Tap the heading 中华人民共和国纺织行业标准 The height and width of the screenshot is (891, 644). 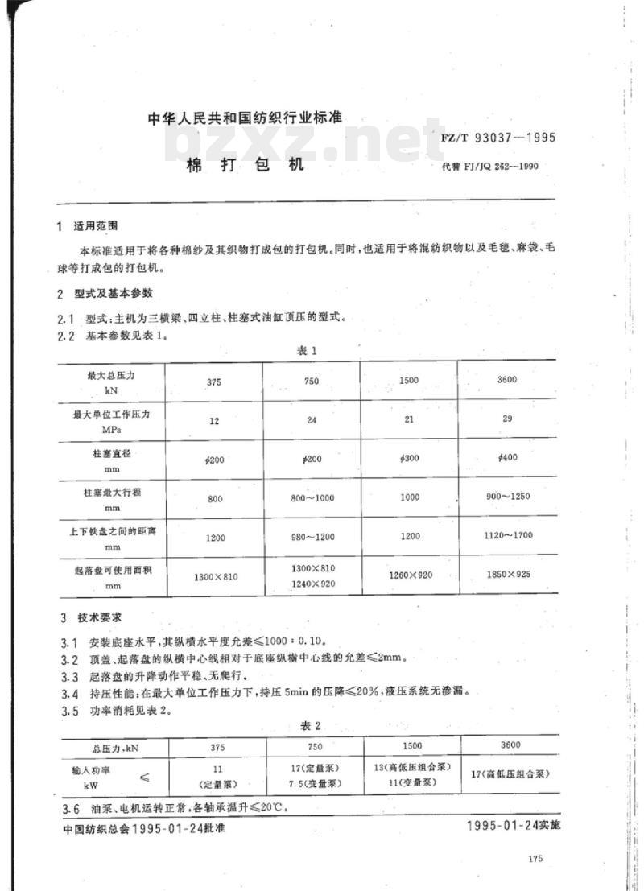pyautogui.click(x=246, y=118)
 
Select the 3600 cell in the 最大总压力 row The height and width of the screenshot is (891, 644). pyautogui.click(x=507, y=379)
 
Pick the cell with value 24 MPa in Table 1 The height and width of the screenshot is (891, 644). pyautogui.click(x=312, y=419)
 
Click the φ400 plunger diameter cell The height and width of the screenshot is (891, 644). pyautogui.click(x=507, y=457)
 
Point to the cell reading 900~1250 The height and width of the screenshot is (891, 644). pyautogui.click(x=507, y=496)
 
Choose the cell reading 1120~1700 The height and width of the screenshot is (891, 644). pyautogui.click(x=507, y=534)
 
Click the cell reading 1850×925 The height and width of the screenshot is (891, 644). pyautogui.click(x=507, y=574)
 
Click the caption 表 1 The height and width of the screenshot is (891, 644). pyautogui.click(x=310, y=350)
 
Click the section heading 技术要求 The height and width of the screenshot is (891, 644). pyautogui.click(x=99, y=618)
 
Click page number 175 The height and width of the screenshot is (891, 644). pyautogui.click(x=538, y=860)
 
